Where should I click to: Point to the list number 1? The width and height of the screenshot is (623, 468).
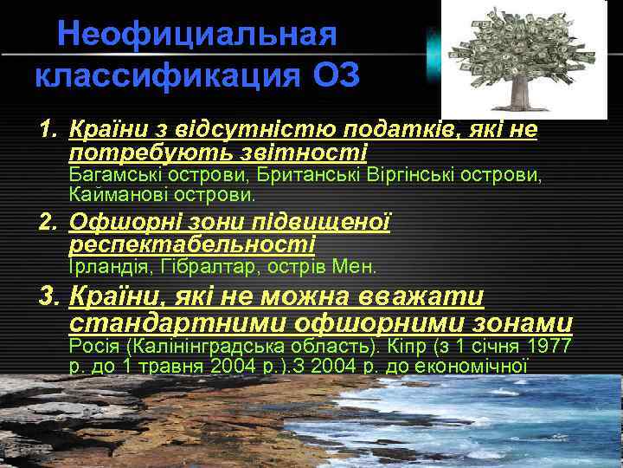pyautogui.click(x=48, y=130)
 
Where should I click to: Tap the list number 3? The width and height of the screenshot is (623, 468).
pyautogui.click(x=48, y=297)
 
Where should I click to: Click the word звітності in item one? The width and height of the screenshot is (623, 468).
pyautogui.click(x=312, y=153)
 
